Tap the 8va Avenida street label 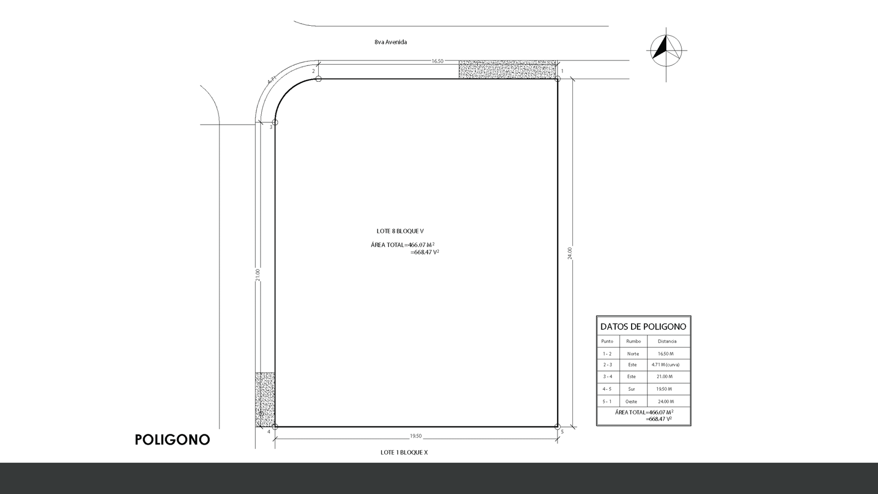390,42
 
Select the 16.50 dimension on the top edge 437,61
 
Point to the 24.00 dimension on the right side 570,253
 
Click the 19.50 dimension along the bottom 415,436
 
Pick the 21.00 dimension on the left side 257,274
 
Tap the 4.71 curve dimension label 272,80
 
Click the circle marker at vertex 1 558,79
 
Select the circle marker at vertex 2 318,79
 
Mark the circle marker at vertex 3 275,122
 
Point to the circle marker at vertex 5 558,426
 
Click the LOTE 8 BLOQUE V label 400,231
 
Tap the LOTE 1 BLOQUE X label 404,452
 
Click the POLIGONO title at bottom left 172,440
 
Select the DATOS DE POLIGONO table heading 643,327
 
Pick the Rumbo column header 633,341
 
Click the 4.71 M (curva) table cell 666,364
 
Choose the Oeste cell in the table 631,401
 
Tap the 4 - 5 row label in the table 607,389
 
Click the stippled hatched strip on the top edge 508,70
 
